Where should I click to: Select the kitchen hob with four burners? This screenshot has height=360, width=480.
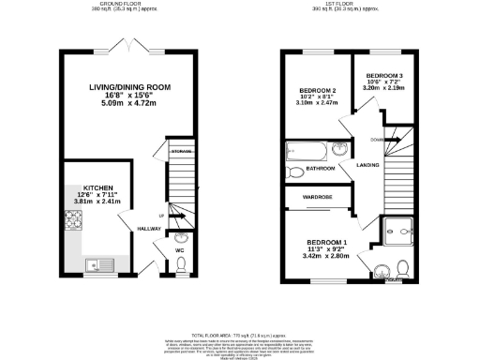[x=73, y=222]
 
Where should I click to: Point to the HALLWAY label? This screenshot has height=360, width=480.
[x=149, y=228]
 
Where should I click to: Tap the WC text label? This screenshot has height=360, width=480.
[x=178, y=249]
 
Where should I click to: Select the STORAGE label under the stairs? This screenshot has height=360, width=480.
[x=180, y=151]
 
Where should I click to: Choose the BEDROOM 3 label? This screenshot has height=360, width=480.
[x=384, y=74]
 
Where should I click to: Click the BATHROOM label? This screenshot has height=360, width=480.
[x=321, y=170]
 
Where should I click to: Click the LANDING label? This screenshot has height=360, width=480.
[x=367, y=165]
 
